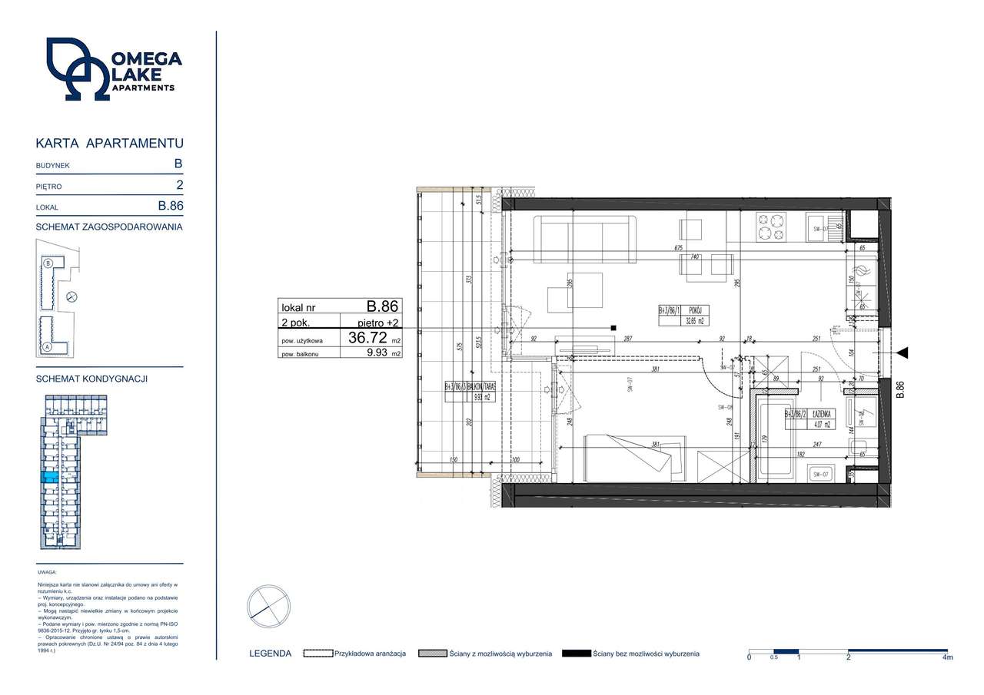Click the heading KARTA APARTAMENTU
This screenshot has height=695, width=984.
click(110, 144)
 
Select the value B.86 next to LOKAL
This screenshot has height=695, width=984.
click(171, 206)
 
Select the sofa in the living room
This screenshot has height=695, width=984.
click(585, 239)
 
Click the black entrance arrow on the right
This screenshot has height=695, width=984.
click(902, 352)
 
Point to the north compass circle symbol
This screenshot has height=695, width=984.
click(268, 607)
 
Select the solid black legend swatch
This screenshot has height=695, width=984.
click(576, 654)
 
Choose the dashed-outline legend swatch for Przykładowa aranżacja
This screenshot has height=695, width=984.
click(317, 654)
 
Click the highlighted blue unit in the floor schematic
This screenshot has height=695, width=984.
click(48, 478)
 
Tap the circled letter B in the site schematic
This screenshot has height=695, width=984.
click(48, 263)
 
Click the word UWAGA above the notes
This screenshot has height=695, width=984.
click(47, 573)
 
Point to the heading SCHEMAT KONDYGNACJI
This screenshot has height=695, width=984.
click(91, 379)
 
